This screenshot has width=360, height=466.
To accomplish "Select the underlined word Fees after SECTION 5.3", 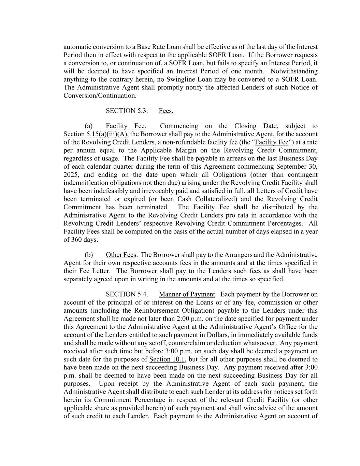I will [x=165, y=111].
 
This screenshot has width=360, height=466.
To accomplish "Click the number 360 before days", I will [x=76, y=240].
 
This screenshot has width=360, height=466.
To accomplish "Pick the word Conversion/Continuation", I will [x=100, y=96].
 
